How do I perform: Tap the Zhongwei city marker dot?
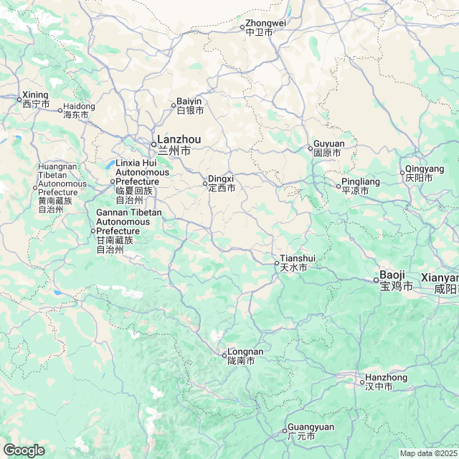point(242,27)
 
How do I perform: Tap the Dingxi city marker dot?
point(205,183)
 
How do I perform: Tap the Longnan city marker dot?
point(223,354)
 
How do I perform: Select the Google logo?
point(24,450)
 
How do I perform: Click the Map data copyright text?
point(428,453)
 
